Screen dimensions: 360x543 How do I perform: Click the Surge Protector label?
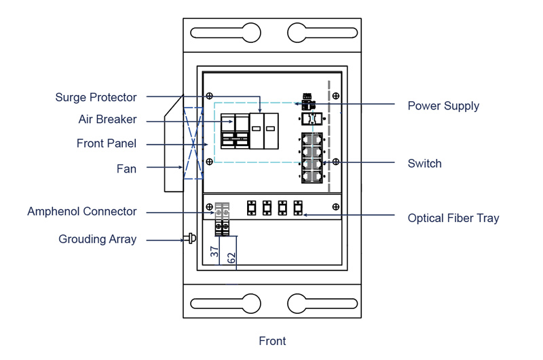click(x=96, y=98)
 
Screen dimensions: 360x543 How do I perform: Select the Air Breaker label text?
click(x=107, y=120)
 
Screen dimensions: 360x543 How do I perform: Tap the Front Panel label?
click(x=106, y=144)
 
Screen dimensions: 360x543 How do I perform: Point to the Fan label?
click(x=126, y=168)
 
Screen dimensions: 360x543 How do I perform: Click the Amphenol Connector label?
click(x=81, y=212)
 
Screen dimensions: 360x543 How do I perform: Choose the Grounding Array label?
click(x=97, y=239)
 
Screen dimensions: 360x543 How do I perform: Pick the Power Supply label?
click(x=443, y=106)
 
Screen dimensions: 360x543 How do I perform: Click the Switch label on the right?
click(x=424, y=164)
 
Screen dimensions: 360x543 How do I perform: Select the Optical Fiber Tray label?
click(x=453, y=218)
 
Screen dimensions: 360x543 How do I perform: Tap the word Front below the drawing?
click(x=272, y=341)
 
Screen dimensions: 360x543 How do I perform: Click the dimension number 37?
click(x=214, y=251)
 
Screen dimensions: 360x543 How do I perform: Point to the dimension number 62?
click(x=231, y=258)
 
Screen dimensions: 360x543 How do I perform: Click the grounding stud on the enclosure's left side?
click(x=191, y=239)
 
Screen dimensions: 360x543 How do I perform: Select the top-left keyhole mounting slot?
click(x=227, y=33)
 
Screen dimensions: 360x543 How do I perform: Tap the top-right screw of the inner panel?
click(x=336, y=96)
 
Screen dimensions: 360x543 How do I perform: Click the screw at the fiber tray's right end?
click(x=336, y=206)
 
